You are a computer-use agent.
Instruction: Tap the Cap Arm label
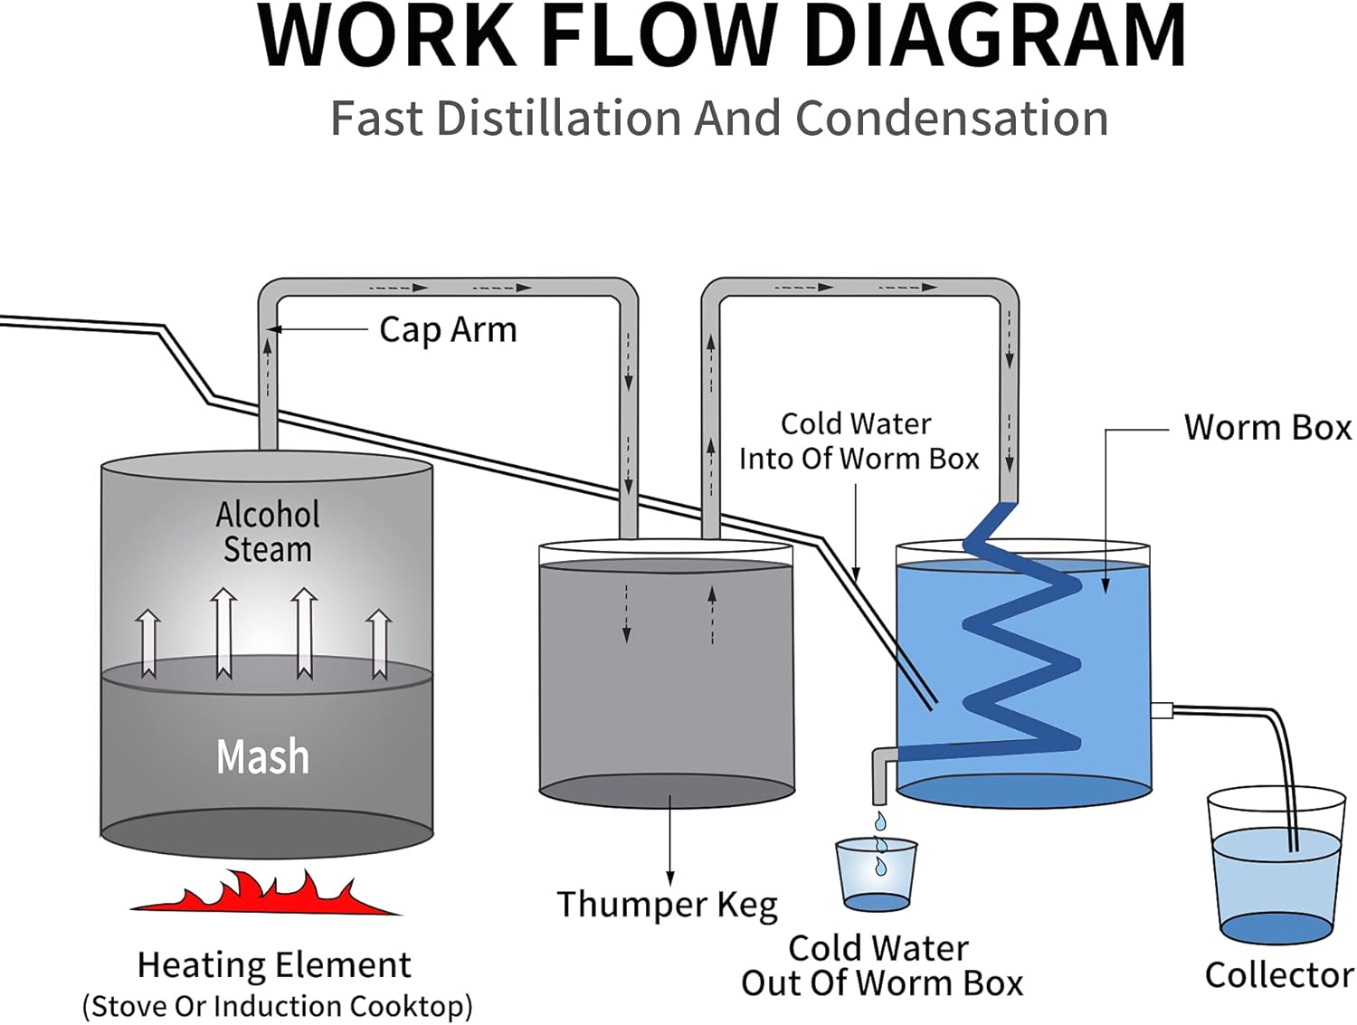pyautogui.click(x=448, y=329)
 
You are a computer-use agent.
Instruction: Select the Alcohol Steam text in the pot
pyautogui.click(x=267, y=532)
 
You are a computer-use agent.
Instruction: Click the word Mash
pyautogui.click(x=262, y=756)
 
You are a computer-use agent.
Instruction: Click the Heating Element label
pyautogui.click(x=274, y=965)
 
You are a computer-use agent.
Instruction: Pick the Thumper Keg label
pyautogui.click(x=667, y=905)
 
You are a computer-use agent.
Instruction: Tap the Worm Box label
pyautogui.click(x=1267, y=427)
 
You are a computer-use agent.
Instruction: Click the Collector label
pyautogui.click(x=1279, y=975)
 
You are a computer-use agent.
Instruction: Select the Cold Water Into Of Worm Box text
pyautogui.click(x=858, y=441)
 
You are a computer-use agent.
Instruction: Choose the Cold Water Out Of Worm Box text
pyautogui.click(x=881, y=966)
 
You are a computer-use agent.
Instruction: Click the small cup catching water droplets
pyautogui.click(x=876, y=875)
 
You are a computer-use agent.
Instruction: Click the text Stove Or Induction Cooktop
pyautogui.click(x=277, y=1006)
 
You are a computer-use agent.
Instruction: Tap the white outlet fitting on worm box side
pyautogui.click(x=1162, y=710)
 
